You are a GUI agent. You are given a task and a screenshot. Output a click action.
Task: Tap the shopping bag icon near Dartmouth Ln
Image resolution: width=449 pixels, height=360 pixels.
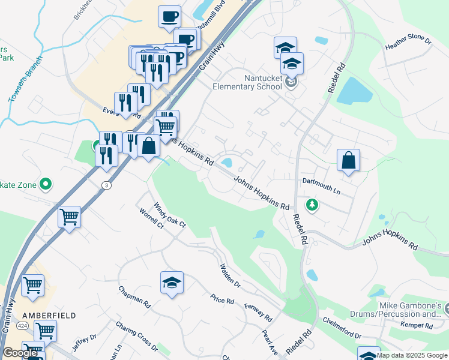[x=348, y=161]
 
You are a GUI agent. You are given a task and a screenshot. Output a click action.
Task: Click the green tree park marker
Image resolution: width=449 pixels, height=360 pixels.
[x=312, y=206]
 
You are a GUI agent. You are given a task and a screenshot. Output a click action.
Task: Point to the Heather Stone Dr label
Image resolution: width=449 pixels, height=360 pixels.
[x=409, y=42]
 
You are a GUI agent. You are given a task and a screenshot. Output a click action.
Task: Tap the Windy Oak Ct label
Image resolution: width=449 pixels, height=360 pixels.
[x=170, y=216]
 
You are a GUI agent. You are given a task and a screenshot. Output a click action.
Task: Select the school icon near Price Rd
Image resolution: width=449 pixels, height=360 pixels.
[x=172, y=283]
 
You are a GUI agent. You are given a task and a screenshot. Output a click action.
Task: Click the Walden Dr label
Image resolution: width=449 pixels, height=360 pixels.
[x=230, y=276]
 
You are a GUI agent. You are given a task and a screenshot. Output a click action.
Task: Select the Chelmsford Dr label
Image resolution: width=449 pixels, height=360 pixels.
[x=342, y=328]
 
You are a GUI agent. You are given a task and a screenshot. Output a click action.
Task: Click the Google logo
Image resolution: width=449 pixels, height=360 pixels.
[x=20, y=353]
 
